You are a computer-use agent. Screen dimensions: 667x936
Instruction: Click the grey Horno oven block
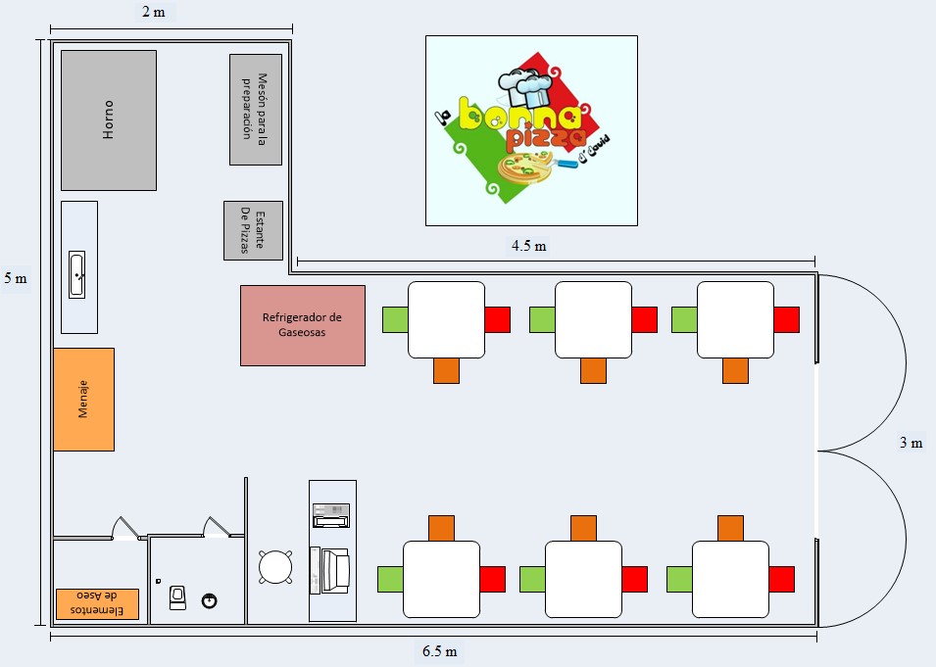pos(108,119)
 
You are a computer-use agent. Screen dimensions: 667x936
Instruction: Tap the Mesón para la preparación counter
pos(255,109)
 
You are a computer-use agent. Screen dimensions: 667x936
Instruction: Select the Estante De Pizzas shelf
pos(253,230)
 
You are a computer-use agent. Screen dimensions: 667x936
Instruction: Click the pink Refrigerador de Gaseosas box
pos(302,325)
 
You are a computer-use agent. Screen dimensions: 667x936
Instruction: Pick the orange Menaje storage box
pos(83,399)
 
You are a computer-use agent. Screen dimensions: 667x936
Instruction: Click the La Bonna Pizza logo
pos(530,130)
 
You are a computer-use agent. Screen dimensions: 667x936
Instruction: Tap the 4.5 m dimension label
pos(528,246)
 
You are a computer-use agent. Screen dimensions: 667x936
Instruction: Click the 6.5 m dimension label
pos(439,651)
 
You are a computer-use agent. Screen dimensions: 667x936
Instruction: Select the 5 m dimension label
pos(16,278)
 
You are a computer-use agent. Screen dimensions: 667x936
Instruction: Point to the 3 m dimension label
pos(911,443)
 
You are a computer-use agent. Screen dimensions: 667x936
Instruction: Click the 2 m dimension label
pos(153,12)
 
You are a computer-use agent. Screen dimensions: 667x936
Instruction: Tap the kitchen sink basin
pos(78,274)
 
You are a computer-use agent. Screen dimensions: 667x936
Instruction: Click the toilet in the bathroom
pos(178,596)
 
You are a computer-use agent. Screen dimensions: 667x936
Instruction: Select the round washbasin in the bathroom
pos(210,600)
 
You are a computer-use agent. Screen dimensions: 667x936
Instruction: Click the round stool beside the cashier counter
pos(275,566)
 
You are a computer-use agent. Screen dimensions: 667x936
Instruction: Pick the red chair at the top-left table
pos(497,319)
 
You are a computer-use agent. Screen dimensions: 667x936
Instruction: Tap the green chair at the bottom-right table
pos(679,579)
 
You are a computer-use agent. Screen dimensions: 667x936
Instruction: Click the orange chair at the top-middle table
pos(593,370)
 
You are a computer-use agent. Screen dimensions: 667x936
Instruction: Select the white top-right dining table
pos(735,319)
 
